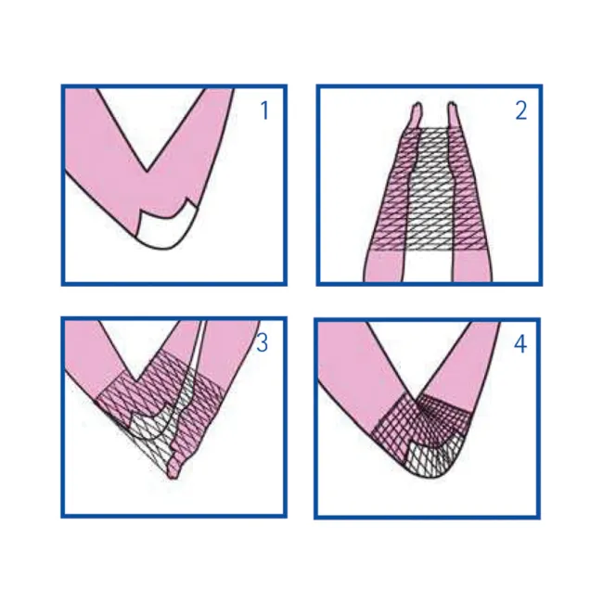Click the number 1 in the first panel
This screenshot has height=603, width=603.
264,110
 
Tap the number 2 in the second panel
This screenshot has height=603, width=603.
520,110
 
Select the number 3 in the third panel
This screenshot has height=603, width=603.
262,342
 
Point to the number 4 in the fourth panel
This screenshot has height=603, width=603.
520,344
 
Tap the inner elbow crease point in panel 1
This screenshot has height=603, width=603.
147,171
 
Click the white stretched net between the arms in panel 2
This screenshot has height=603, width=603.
430,188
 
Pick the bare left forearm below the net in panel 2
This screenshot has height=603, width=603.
385,266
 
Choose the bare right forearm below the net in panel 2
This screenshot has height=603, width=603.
472,266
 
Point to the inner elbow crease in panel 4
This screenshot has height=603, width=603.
415,400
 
